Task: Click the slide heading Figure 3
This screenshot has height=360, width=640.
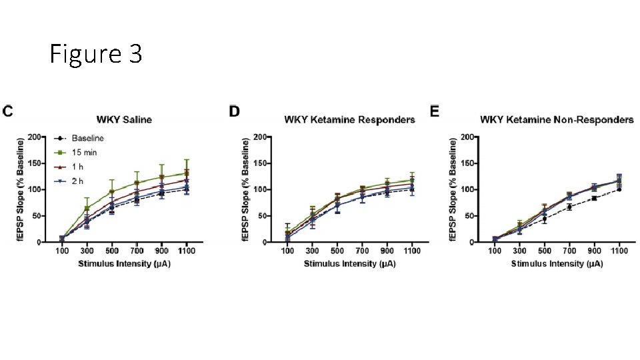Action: [x=96, y=55]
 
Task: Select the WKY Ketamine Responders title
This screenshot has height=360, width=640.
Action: [x=349, y=120]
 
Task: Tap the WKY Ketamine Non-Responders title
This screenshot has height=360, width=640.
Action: [x=557, y=120]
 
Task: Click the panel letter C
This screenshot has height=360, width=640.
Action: [x=7, y=111]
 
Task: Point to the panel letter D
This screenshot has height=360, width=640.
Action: [x=234, y=111]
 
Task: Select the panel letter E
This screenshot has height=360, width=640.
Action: [x=435, y=111]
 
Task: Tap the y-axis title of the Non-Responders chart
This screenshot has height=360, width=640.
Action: [x=454, y=189]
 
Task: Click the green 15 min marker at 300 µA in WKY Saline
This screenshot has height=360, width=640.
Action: [x=87, y=208]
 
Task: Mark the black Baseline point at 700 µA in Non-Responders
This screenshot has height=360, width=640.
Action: [x=569, y=207]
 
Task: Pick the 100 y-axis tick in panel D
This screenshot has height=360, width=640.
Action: [x=262, y=189]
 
